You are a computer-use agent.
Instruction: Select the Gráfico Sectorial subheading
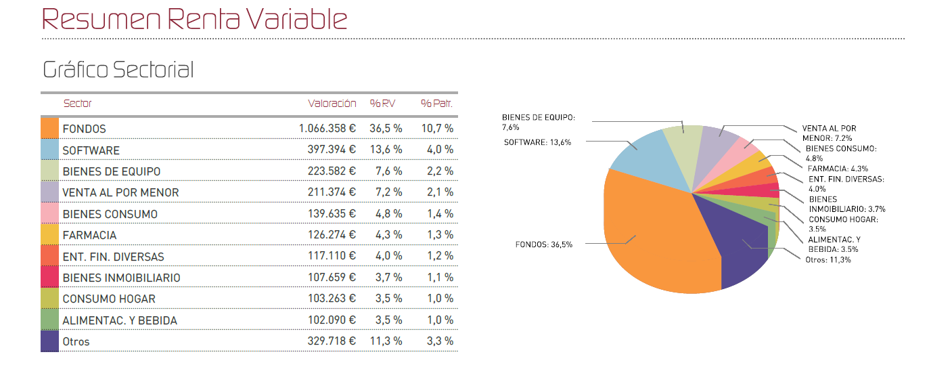118,69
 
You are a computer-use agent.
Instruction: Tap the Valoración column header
332,104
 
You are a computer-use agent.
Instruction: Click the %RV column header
382,104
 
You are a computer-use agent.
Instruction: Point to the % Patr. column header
436,104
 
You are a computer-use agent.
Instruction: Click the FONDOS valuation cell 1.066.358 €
327,129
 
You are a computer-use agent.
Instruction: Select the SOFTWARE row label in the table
91,150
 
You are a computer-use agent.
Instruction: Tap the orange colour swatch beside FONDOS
49,128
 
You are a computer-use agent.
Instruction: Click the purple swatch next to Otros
49,341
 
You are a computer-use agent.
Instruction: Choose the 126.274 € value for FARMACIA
332,235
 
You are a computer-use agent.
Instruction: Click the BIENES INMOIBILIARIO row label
121,278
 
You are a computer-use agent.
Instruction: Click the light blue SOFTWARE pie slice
643,156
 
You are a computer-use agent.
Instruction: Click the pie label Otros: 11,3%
828,259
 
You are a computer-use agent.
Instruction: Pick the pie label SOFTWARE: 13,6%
537,142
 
